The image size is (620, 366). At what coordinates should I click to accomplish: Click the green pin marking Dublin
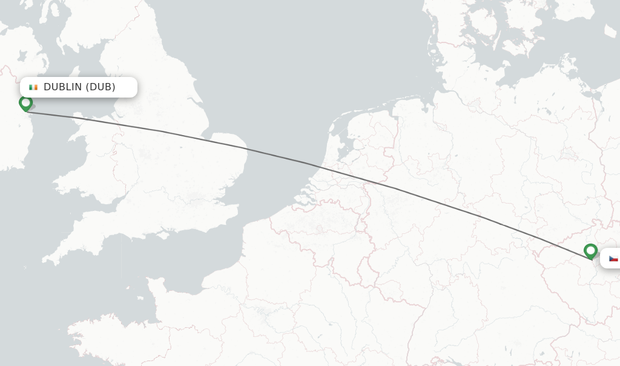click(x=25, y=103)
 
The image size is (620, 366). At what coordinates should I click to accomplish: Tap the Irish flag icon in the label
click(x=33, y=87)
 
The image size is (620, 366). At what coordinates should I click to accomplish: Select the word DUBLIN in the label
click(x=63, y=87)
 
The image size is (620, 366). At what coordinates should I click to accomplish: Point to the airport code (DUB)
click(x=101, y=87)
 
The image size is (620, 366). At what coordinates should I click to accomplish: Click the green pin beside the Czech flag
click(x=590, y=250)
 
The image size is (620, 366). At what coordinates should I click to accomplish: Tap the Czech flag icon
click(x=613, y=258)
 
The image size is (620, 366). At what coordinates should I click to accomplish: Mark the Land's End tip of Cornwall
click(x=44, y=262)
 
